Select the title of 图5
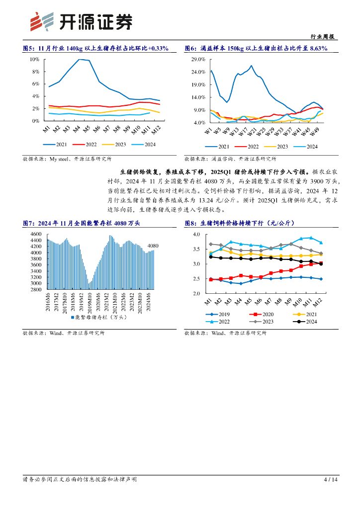coord(95,48)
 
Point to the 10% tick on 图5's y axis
coord(35,59)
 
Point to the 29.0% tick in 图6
coord(198,59)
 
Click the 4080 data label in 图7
coord(153,246)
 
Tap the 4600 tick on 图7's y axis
coord(36,234)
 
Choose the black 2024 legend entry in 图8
coord(307,322)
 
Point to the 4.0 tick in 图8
coord(195,234)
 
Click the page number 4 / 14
coord(331,480)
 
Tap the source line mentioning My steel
coord(67,159)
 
